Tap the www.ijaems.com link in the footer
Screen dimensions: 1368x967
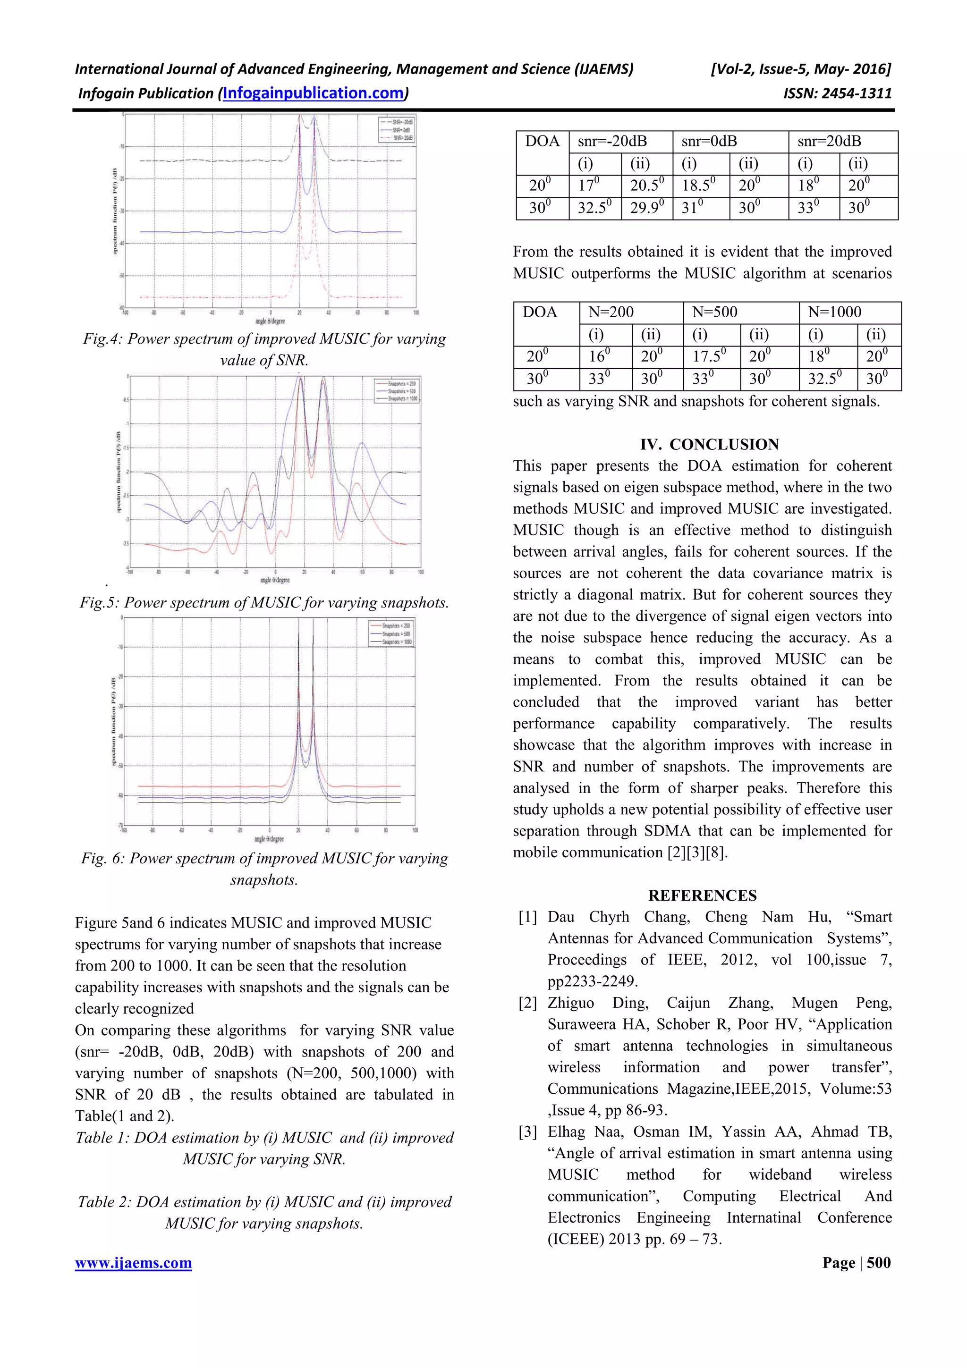[134, 1263]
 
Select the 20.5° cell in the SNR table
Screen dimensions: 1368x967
[646, 186]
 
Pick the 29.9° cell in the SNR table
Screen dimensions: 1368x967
[646, 209]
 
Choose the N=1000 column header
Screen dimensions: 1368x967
[834, 312]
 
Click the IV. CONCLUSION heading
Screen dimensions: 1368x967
[709, 445]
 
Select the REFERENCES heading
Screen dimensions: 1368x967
[703, 895]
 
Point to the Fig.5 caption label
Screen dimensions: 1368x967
[99, 603]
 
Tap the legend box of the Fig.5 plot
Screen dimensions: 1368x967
[396, 391]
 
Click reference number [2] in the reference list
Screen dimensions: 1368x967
[528, 1004]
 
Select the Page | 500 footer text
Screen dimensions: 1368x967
[856, 1263]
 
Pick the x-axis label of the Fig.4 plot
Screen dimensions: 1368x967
[270, 321]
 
